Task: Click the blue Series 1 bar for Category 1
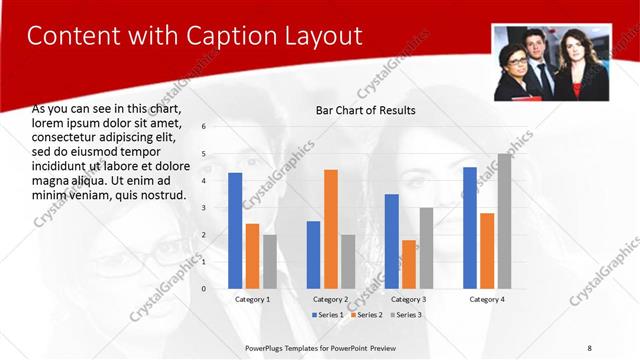(x=235, y=231)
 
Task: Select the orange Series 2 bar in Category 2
(x=331, y=229)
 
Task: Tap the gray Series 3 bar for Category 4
(x=504, y=221)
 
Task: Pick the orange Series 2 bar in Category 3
(x=409, y=264)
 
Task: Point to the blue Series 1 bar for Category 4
(x=469, y=228)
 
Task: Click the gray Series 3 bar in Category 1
(x=270, y=262)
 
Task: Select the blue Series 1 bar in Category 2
(x=313, y=255)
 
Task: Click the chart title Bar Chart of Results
(x=365, y=110)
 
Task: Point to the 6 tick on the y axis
(x=203, y=127)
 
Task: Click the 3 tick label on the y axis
(x=203, y=208)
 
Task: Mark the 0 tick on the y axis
(x=203, y=289)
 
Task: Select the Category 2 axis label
(x=331, y=300)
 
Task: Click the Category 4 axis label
(x=487, y=300)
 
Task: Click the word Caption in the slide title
(x=219, y=37)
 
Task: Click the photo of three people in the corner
(x=551, y=62)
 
